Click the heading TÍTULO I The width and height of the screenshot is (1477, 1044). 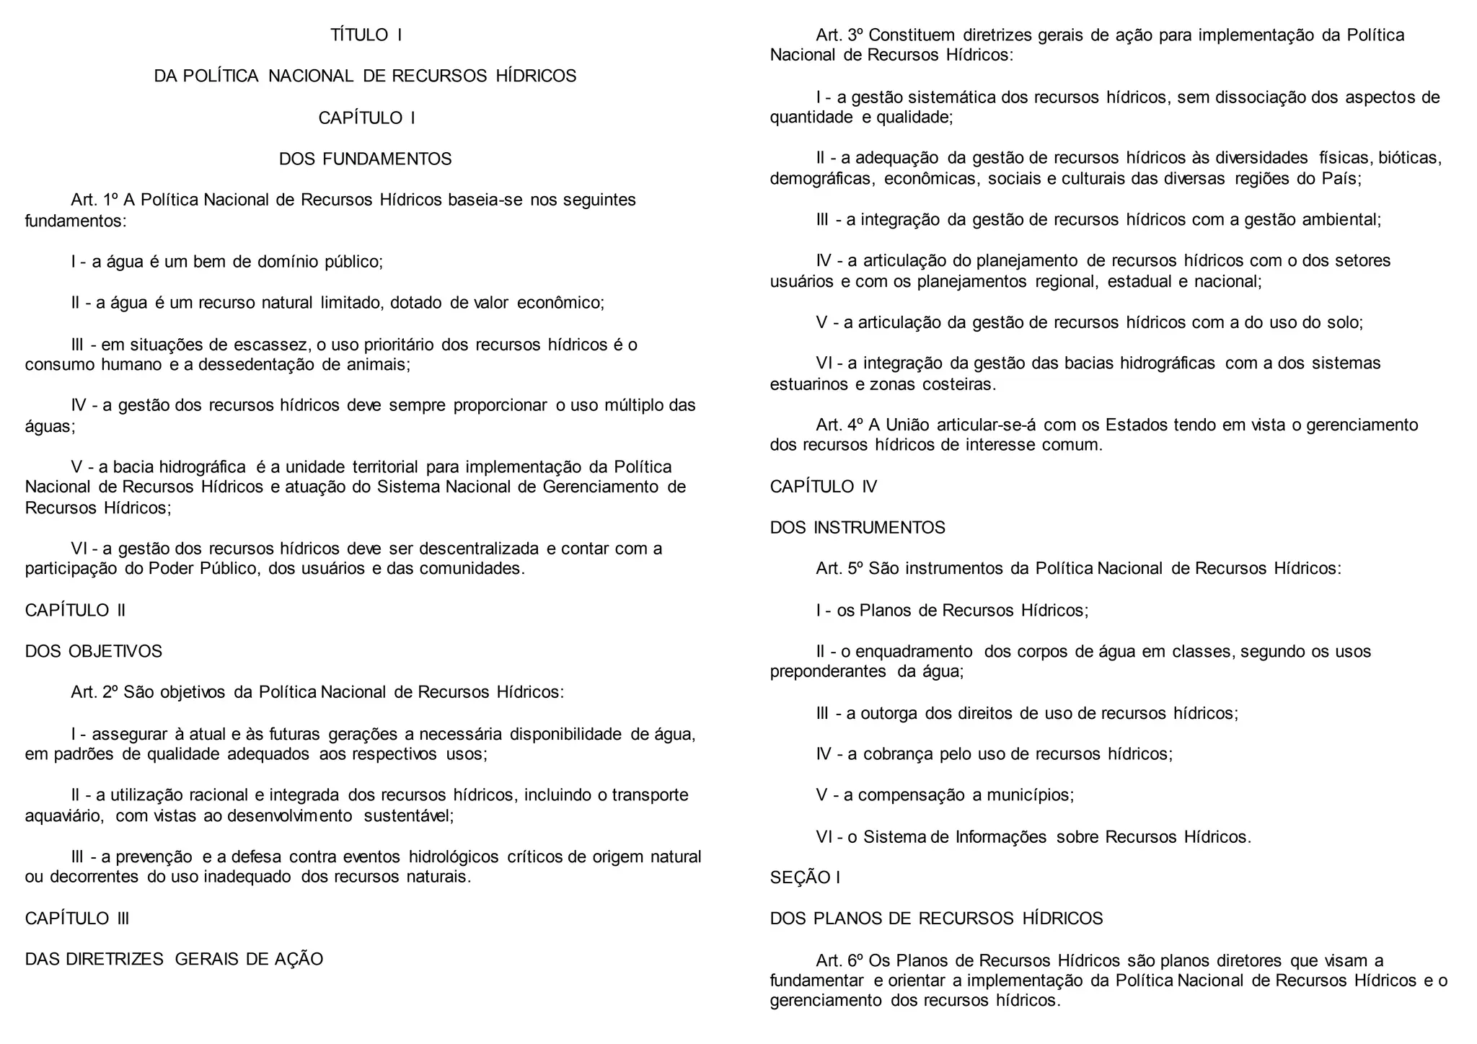click(x=366, y=35)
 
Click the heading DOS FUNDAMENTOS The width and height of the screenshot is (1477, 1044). click(x=365, y=159)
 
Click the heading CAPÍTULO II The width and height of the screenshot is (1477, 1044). click(x=75, y=611)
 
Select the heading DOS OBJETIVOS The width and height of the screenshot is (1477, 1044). click(x=94, y=652)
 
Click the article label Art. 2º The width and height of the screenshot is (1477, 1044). click(x=94, y=693)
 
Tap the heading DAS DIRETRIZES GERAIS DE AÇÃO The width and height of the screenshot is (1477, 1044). click(x=174, y=960)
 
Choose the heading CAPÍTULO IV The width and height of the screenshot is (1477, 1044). click(x=823, y=487)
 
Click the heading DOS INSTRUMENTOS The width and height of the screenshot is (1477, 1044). click(x=857, y=528)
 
